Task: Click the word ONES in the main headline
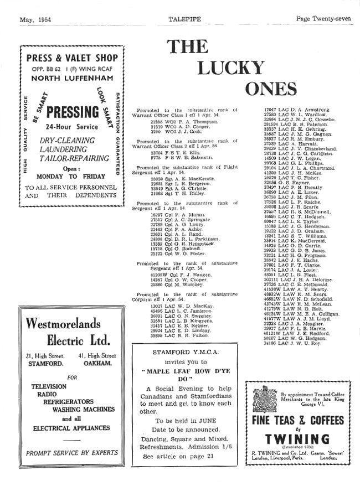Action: (x=271, y=89)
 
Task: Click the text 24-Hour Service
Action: (x=74, y=127)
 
